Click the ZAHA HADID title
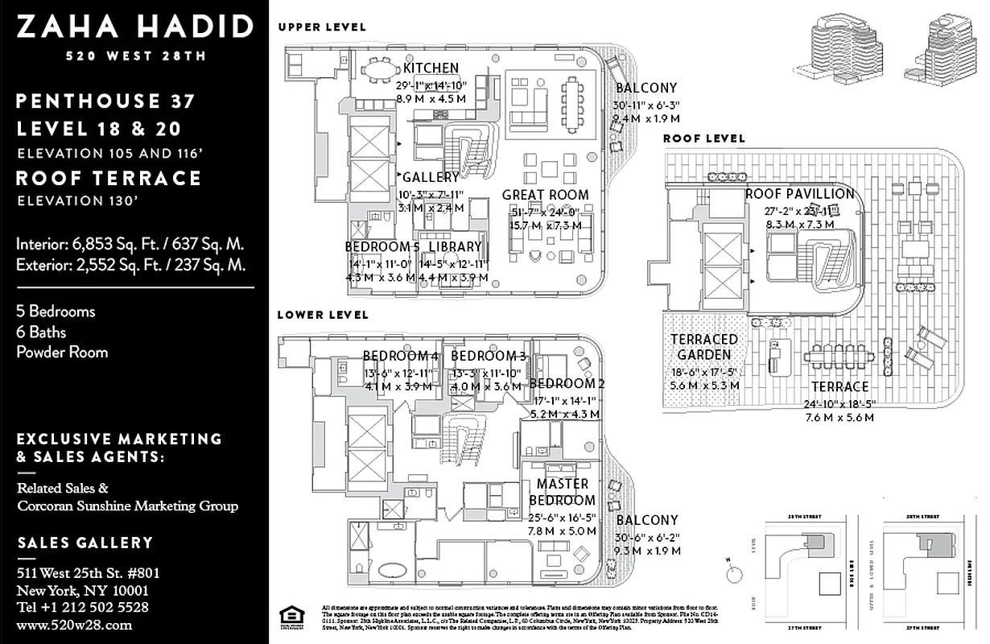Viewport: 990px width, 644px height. click(134, 27)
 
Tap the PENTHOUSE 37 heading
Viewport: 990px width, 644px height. click(105, 101)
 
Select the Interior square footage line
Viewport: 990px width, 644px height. click(130, 244)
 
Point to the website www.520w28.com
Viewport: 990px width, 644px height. click(74, 624)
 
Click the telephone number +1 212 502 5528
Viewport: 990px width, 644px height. click(83, 607)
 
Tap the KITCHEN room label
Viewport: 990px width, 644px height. click(431, 68)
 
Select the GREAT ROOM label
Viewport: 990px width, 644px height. click(545, 195)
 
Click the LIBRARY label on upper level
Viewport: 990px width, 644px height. click(455, 246)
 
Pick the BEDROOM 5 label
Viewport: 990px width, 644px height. click(382, 246)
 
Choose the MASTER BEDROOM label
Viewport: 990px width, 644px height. click(562, 492)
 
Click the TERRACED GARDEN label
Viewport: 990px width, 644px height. click(703, 347)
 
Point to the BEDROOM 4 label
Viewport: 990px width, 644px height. click(400, 356)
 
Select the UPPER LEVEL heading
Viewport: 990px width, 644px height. click(322, 27)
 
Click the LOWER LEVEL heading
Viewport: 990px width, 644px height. click(323, 315)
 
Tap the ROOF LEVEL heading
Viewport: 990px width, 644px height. click(704, 138)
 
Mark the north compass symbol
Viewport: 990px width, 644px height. click(734, 575)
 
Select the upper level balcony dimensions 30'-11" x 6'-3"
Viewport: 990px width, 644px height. click(646, 105)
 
